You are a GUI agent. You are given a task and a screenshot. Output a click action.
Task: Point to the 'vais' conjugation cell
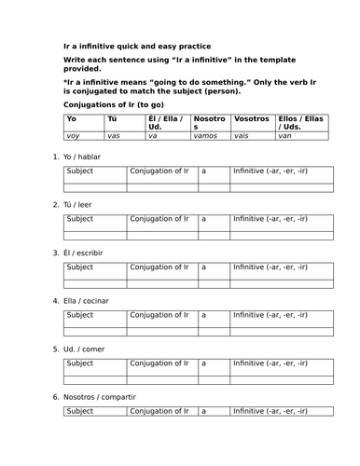245,136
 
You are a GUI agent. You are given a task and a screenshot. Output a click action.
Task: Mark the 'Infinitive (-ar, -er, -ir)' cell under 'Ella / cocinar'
270,315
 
